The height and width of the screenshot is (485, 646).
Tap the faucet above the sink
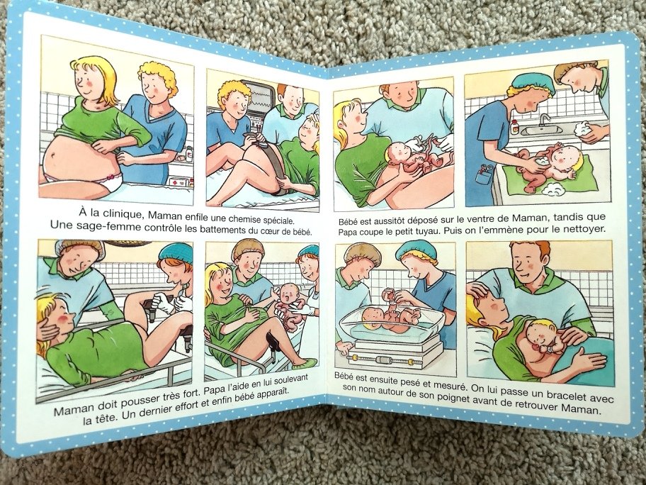(544, 120)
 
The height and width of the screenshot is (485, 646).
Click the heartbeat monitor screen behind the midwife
(263, 96)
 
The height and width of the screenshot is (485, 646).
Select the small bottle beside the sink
(514, 127)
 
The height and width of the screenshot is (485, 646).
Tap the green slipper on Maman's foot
(303, 364)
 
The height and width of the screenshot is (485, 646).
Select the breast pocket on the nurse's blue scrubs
(482, 176)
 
